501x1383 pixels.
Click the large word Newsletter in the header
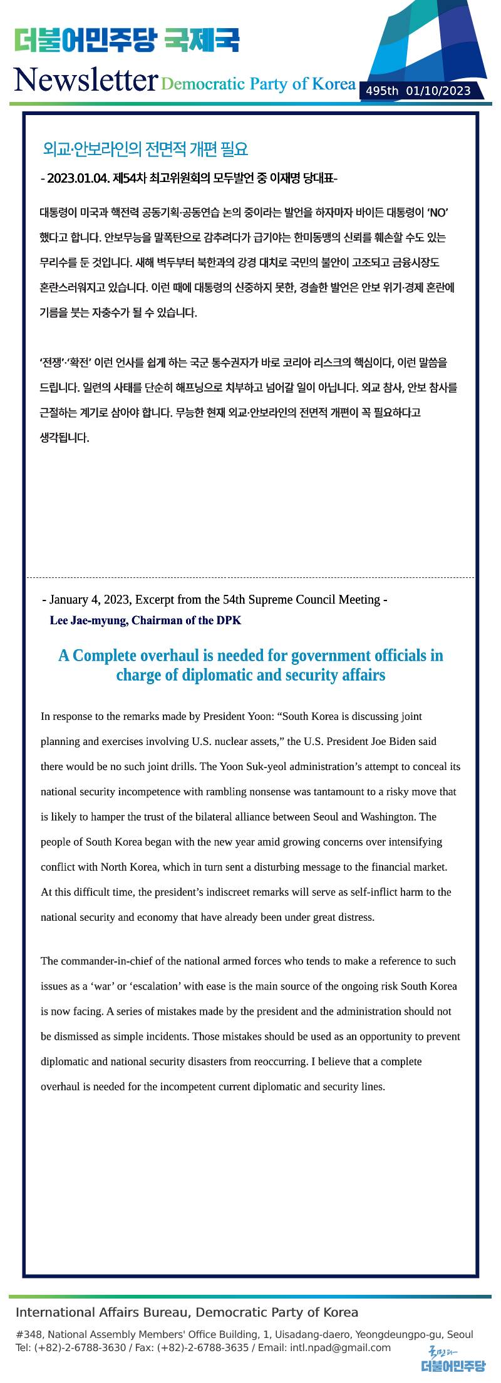tap(85, 81)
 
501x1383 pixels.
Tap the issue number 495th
tap(382, 91)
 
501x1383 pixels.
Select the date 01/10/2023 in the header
tap(438, 91)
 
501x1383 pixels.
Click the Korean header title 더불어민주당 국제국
tap(127, 41)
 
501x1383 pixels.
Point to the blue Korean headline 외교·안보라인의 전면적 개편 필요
tap(145, 149)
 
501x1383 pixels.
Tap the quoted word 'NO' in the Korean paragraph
tap(438, 213)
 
